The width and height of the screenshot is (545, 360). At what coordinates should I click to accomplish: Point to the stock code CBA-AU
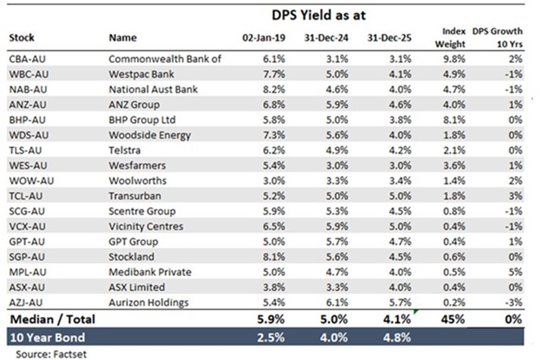point(26,58)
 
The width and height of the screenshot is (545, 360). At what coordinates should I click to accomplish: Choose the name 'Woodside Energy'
point(149,135)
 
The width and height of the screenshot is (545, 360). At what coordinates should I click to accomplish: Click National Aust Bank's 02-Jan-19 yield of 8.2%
point(274,89)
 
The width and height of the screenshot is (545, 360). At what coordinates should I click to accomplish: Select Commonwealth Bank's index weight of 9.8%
point(453,58)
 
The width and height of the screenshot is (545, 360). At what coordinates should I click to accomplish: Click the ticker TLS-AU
point(24,150)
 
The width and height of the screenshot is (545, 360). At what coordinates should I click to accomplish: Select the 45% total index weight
point(453,321)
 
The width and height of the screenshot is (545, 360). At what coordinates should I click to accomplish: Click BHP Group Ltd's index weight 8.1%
point(453,120)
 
